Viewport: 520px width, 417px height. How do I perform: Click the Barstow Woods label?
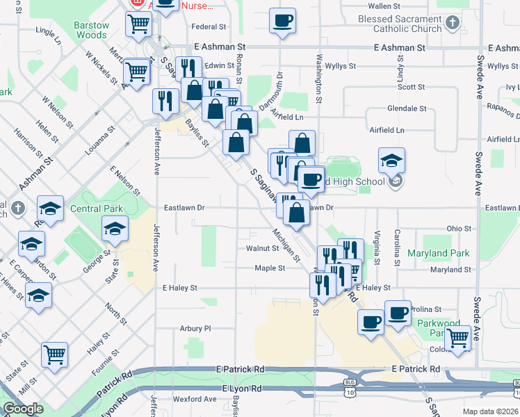click(x=92, y=30)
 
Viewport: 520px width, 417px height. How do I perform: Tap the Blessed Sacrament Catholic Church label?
click(x=399, y=24)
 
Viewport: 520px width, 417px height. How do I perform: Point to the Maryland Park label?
click(x=437, y=254)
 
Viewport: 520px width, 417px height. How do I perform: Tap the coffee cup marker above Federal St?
click(x=282, y=21)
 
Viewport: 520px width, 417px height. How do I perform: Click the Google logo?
click(x=22, y=409)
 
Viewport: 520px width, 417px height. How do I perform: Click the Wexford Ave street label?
click(x=195, y=399)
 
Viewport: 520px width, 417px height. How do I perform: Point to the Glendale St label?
click(x=407, y=108)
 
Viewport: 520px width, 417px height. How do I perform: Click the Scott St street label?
click(x=411, y=87)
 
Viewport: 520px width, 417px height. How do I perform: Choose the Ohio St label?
click(x=459, y=228)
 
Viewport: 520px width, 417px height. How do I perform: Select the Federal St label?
click(x=209, y=27)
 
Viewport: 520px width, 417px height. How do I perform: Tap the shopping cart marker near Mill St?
click(x=54, y=355)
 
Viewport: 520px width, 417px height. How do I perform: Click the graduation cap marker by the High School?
click(x=392, y=161)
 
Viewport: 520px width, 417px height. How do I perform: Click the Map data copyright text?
click(x=491, y=411)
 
